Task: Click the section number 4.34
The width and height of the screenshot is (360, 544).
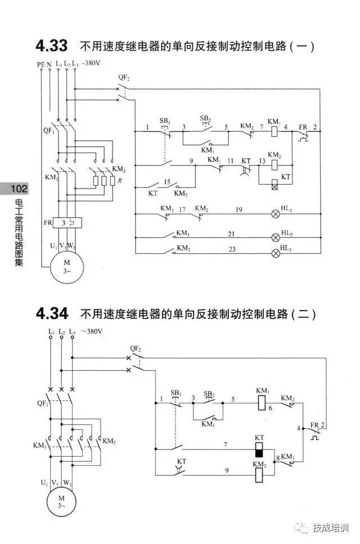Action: pos(51,313)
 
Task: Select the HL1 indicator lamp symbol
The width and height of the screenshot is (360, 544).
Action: pos(276,214)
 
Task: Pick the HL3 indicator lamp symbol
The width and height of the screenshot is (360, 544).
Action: pos(276,253)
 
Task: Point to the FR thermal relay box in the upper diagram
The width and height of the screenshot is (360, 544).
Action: pos(67,223)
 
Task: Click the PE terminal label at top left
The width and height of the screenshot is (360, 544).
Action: pos(40,65)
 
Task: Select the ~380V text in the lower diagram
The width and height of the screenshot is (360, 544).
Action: pos(91,331)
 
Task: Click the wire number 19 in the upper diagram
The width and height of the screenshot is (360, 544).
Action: pos(239,210)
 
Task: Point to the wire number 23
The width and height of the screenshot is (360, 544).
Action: pos(231,248)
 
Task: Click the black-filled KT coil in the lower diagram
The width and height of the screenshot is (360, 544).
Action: pos(259,450)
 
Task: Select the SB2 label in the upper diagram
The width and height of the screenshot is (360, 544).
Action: pos(205,119)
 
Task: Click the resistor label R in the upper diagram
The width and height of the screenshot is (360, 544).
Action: pos(113,181)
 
